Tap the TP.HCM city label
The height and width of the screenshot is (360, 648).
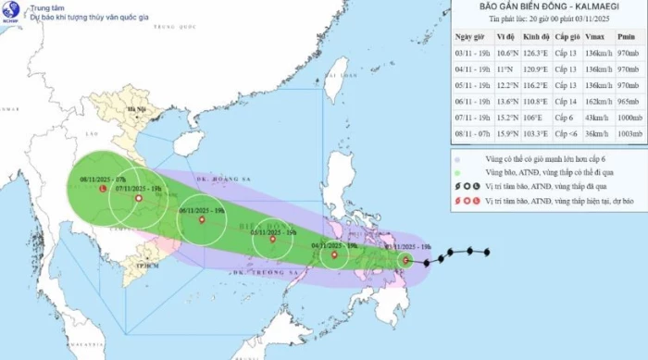point(138,267)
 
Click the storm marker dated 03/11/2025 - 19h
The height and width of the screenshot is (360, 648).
point(405,261)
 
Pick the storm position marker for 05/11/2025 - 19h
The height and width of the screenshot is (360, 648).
point(272,241)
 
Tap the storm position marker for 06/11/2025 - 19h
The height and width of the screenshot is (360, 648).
point(201,219)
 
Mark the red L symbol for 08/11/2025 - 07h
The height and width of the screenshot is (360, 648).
point(102,189)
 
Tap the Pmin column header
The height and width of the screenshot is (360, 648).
point(625,36)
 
